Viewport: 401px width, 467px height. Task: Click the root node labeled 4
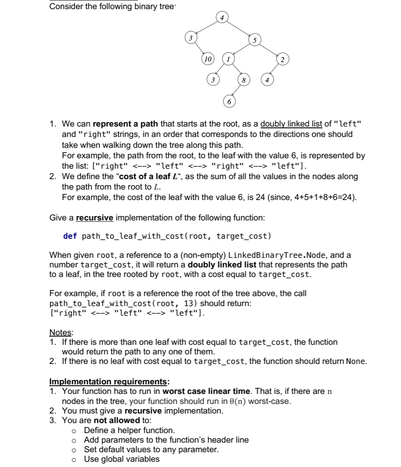pyautogui.click(x=222, y=18)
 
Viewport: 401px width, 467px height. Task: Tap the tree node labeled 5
pyautogui.click(x=255, y=40)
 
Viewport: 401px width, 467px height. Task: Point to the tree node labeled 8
pyautogui.click(x=244, y=80)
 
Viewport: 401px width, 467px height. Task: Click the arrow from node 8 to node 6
pyautogui.click(x=236, y=90)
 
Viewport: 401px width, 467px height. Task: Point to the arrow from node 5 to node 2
pyautogui.click(x=270, y=50)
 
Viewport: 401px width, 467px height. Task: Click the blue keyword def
pyautogui.click(x=70, y=236)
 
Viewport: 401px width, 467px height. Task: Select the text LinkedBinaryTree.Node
pyautogui.click(x=274, y=255)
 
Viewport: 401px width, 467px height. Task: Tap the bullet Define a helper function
pyautogui.click(x=129, y=430)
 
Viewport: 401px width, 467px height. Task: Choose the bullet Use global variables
pyautogui.click(x=122, y=459)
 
